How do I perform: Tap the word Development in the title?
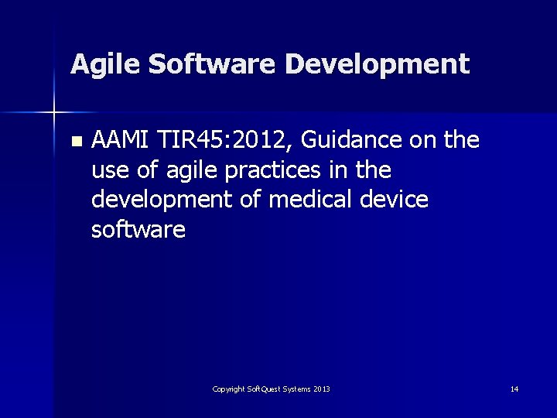point(377,63)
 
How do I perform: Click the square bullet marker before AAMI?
point(75,142)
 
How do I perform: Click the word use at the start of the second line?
point(108,170)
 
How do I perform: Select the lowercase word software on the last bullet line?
point(138,230)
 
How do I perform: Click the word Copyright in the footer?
point(230,389)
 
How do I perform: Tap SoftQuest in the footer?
point(265,389)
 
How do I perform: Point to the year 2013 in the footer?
point(322,389)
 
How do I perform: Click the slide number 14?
point(514,389)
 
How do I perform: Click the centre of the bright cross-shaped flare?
point(54,113)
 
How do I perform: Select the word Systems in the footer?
point(298,389)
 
